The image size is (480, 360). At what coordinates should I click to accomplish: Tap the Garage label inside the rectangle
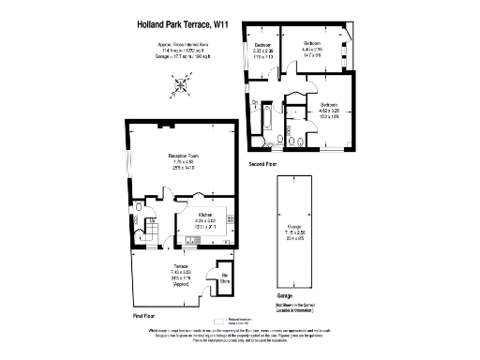pyautogui.click(x=294, y=232)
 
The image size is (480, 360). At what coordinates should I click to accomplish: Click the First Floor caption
pyautogui.click(x=143, y=317)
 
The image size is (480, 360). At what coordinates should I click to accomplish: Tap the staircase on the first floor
pyautogui.click(x=150, y=232)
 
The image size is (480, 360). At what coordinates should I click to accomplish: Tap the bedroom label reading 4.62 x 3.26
pyautogui.click(x=326, y=110)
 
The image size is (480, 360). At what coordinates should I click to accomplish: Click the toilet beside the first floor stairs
pyautogui.click(x=139, y=209)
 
